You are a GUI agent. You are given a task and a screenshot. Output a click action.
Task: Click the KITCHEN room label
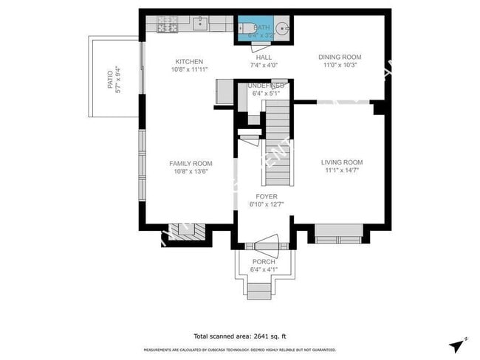point(189,61)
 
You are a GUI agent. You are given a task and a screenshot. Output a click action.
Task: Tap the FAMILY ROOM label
point(191,164)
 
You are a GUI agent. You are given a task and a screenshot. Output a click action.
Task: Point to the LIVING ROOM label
point(342,162)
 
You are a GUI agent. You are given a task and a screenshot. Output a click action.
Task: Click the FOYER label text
point(267,196)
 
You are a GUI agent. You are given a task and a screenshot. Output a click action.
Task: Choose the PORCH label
point(264,262)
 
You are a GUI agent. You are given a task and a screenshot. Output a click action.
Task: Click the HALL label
point(264,57)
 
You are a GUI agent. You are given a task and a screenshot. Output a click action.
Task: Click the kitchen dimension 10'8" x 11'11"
point(190,69)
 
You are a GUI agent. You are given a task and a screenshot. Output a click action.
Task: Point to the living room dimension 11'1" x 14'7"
point(342,170)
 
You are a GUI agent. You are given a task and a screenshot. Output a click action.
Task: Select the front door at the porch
point(264,243)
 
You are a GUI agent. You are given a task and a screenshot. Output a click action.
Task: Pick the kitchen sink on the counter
point(199,24)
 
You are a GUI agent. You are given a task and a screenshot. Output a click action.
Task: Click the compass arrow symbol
point(457,344)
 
